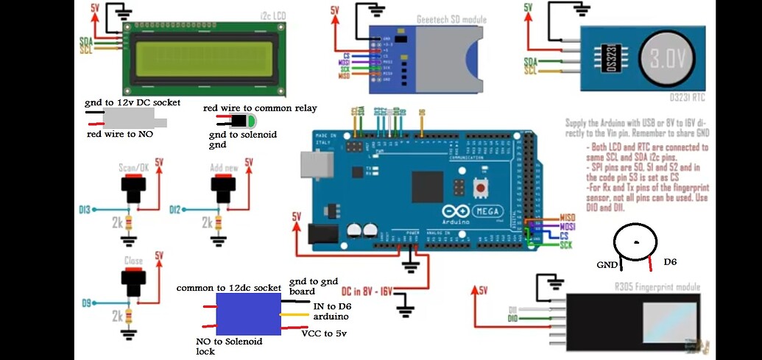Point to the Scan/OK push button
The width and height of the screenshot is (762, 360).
pos(133,191)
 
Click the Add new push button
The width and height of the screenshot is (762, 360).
pos(224,191)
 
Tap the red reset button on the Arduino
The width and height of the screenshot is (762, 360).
pos(481,188)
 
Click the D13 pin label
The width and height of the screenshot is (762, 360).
pos(85,210)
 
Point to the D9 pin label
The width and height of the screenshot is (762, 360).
pos(85,303)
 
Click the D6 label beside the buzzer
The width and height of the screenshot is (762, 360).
pos(670,261)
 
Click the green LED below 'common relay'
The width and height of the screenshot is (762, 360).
pos(251,122)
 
